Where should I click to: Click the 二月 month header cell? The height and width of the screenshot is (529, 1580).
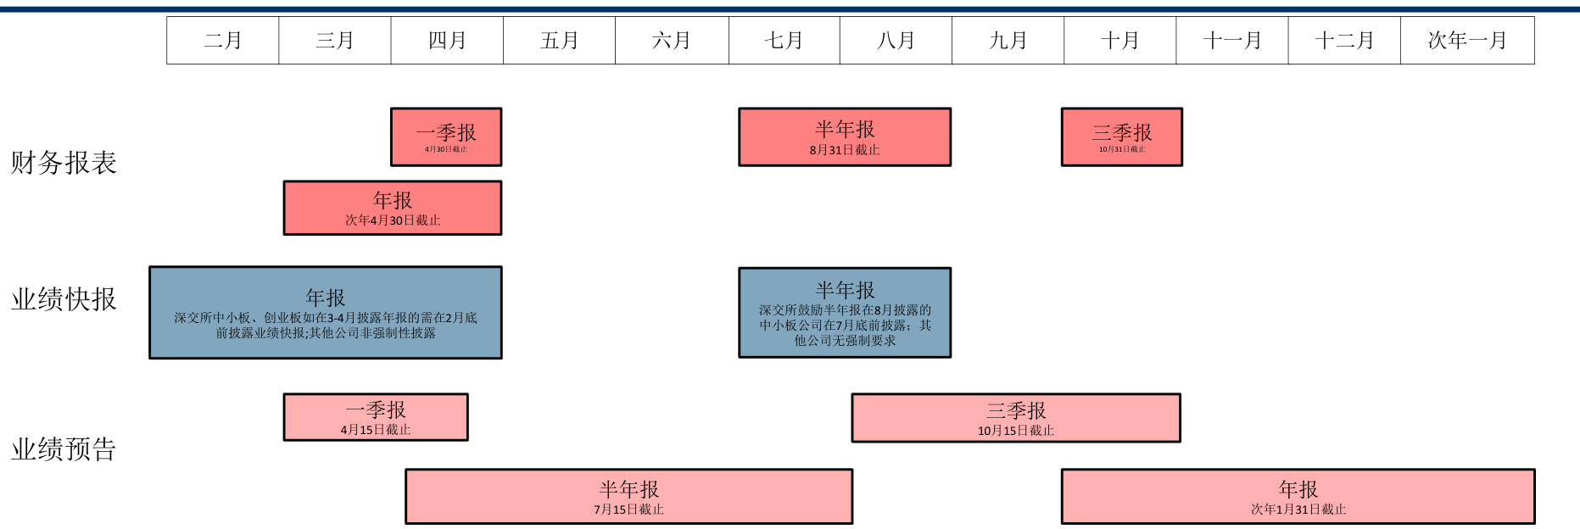point(223,41)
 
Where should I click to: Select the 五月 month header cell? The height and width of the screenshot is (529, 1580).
point(559,41)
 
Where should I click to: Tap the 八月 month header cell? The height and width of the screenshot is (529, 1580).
point(896,41)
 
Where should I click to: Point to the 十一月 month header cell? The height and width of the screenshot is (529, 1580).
point(1231,41)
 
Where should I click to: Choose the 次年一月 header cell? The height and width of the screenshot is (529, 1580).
point(1467,41)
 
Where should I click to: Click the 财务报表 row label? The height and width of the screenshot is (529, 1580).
point(64,163)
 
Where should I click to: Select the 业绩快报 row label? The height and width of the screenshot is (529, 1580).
point(64,299)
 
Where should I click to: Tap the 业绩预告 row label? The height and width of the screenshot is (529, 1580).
point(64,449)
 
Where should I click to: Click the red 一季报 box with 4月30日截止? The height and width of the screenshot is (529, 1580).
point(446,136)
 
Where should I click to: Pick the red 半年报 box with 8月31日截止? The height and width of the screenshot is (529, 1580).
point(845,136)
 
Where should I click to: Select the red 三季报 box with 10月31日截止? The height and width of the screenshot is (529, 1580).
point(1121,136)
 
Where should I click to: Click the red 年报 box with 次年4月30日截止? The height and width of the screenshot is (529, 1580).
point(393,208)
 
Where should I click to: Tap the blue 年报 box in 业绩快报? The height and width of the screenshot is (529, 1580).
point(326,313)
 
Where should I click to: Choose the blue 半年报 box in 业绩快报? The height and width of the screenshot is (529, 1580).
point(845,313)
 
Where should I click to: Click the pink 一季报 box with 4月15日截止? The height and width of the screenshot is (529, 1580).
point(376,417)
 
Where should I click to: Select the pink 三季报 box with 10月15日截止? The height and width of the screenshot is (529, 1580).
point(1016,418)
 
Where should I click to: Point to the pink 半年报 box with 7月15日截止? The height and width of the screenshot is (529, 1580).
point(628,496)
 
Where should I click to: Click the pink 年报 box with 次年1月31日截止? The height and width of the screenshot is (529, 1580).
point(1298,496)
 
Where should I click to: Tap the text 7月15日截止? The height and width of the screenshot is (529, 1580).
point(628,510)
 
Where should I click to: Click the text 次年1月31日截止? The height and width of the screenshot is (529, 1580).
point(1298,510)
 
